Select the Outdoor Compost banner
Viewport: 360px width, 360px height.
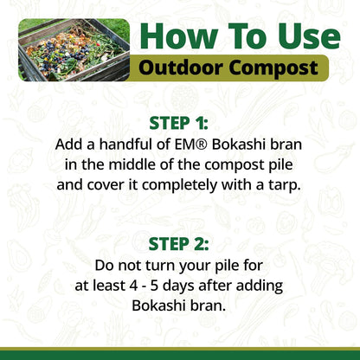pos(234,67)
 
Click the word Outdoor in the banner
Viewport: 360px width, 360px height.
pos(183,67)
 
